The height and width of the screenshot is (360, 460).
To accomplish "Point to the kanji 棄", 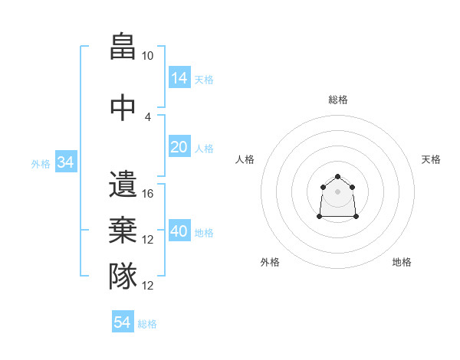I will (x=123, y=230).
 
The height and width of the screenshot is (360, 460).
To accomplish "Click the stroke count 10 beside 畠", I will (x=148, y=56).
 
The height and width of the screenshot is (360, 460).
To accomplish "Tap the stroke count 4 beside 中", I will (x=148, y=116).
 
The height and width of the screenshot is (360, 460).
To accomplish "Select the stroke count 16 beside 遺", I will (x=148, y=194).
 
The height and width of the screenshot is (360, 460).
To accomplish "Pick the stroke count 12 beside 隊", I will (x=148, y=286).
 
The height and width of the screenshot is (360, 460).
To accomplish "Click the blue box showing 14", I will (x=179, y=77).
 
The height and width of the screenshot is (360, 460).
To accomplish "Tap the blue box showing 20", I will (x=179, y=147).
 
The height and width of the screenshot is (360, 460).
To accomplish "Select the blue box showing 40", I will (x=179, y=231).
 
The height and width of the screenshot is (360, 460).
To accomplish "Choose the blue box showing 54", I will (x=123, y=322).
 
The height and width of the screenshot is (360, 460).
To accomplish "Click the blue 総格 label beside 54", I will (x=147, y=324).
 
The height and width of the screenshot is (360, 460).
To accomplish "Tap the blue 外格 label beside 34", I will (x=41, y=163).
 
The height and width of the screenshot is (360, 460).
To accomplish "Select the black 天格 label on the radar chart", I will (x=431, y=159).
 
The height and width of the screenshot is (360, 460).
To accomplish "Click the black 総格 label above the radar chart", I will (x=337, y=100).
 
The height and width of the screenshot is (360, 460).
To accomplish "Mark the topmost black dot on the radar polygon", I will (x=337, y=177).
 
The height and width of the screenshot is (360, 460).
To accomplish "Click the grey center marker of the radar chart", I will (x=337, y=191).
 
